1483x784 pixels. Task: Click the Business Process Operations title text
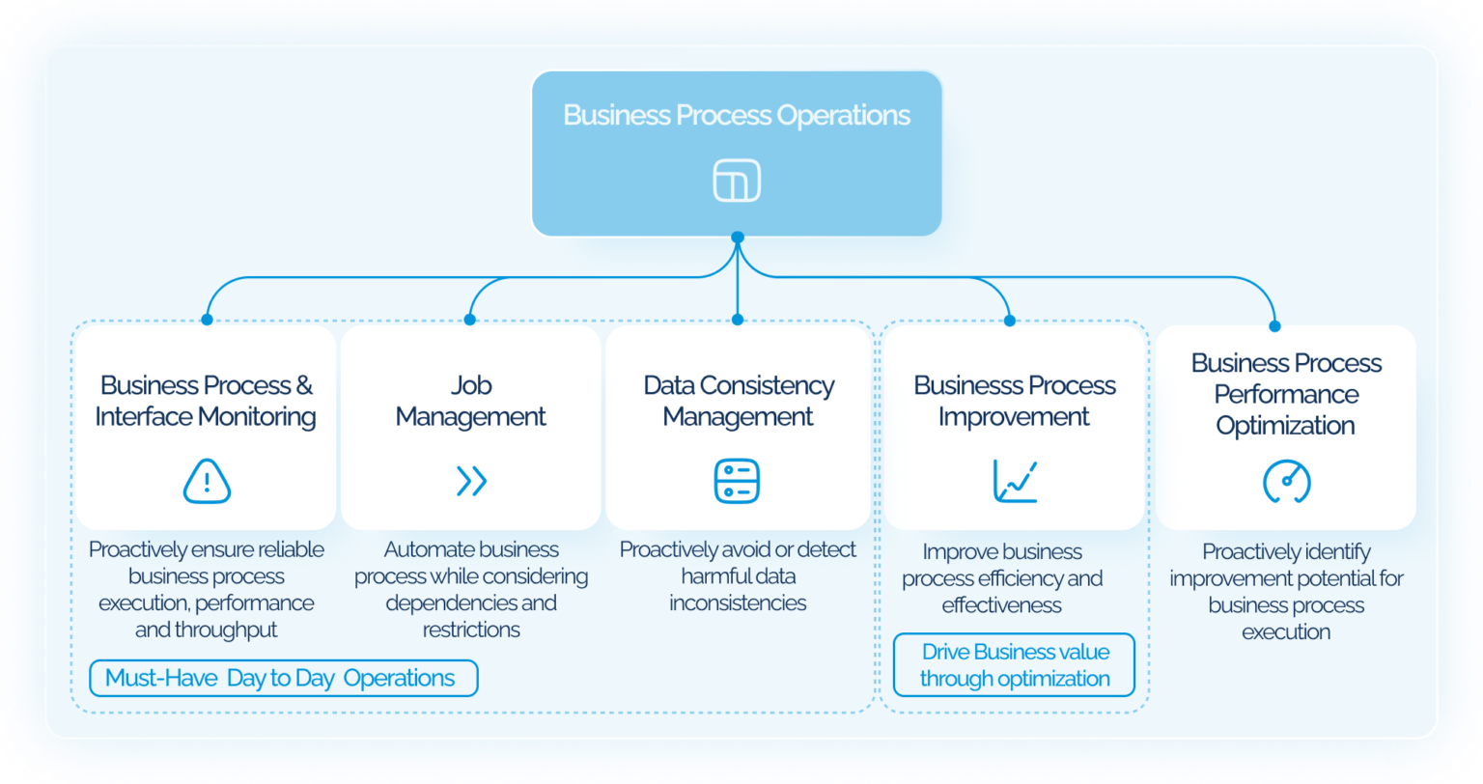click(x=737, y=115)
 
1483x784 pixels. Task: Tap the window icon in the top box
click(x=737, y=181)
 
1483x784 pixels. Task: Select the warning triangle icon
click(x=207, y=481)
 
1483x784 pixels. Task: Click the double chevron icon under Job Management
click(x=471, y=481)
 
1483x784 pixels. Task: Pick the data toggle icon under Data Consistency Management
click(x=737, y=481)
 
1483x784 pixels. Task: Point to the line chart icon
click(x=1015, y=481)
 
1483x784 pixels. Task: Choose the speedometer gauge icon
click(x=1286, y=482)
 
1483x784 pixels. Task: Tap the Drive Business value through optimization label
click(x=1014, y=665)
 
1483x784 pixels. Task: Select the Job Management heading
click(x=471, y=401)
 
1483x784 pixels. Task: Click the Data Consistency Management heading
click(x=739, y=401)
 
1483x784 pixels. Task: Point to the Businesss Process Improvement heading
click(x=1015, y=401)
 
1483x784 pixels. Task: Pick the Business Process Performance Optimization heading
click(x=1286, y=394)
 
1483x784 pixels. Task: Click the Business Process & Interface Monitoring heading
click(x=207, y=401)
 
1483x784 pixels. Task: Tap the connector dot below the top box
click(x=738, y=237)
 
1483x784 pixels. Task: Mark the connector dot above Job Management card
click(x=470, y=319)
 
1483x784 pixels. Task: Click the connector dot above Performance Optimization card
click(x=1274, y=326)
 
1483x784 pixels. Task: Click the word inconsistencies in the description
click(x=738, y=603)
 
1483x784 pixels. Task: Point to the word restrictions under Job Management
click(x=471, y=630)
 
